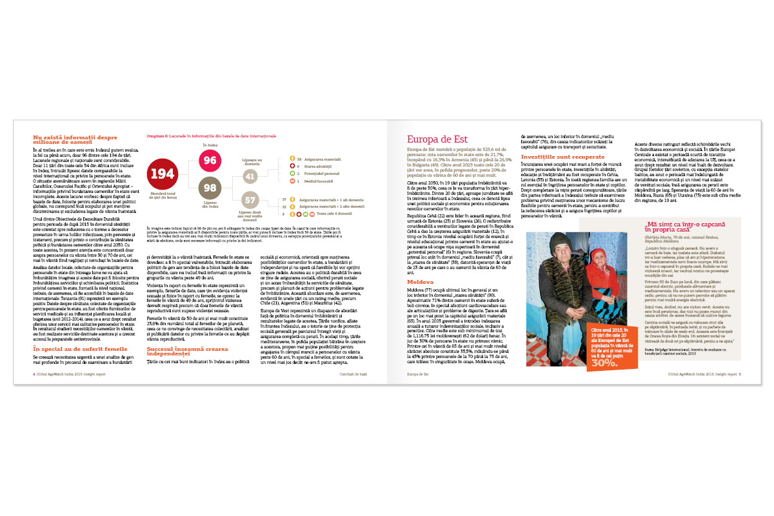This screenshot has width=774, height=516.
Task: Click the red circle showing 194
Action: click(x=162, y=174)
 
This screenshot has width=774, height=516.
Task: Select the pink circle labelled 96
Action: click(x=210, y=160)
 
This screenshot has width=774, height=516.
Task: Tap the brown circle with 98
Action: click(x=210, y=188)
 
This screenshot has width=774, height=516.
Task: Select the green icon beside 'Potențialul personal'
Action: click(x=292, y=174)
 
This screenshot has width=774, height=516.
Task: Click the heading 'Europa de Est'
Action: click(x=437, y=138)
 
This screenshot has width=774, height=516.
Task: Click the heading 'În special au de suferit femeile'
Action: click(x=79, y=348)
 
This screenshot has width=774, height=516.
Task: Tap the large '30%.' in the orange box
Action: click(x=605, y=362)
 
